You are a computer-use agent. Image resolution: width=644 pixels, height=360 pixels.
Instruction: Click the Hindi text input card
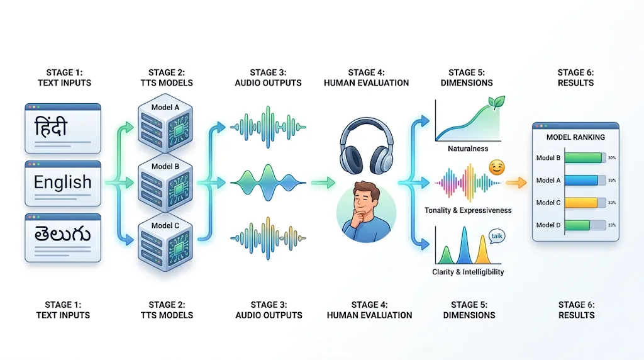click(63, 128)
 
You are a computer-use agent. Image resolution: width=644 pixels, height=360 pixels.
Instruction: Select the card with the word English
click(63, 183)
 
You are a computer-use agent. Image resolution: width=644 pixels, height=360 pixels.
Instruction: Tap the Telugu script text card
click(63, 237)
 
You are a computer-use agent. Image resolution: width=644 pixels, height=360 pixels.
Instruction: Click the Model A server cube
click(165, 123)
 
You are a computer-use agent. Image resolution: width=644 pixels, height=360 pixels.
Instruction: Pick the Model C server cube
click(165, 242)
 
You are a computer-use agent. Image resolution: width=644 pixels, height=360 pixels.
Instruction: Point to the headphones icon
click(367, 146)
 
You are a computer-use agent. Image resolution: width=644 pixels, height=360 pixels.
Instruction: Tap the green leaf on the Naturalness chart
click(496, 103)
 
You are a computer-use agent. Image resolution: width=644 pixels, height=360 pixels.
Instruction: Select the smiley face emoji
click(497, 167)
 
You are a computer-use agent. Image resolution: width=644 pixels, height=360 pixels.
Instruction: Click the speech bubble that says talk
click(497, 236)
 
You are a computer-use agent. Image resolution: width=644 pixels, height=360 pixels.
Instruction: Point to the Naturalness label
click(468, 149)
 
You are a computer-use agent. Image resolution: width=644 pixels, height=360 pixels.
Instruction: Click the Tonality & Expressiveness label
click(468, 210)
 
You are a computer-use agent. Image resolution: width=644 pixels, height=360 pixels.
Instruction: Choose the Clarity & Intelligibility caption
click(468, 272)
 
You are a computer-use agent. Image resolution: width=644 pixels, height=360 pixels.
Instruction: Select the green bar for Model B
click(583, 158)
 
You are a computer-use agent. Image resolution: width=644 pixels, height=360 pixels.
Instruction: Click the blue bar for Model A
click(581, 180)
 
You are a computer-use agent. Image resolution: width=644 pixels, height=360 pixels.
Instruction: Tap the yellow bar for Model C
click(581, 203)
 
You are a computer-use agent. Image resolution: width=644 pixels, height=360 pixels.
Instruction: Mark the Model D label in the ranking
click(548, 225)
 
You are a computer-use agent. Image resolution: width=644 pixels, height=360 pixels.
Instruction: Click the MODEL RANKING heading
click(575, 137)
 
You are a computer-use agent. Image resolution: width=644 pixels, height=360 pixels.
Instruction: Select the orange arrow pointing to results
click(516, 182)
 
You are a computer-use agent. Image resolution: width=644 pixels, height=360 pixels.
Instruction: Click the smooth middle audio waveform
click(268, 182)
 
